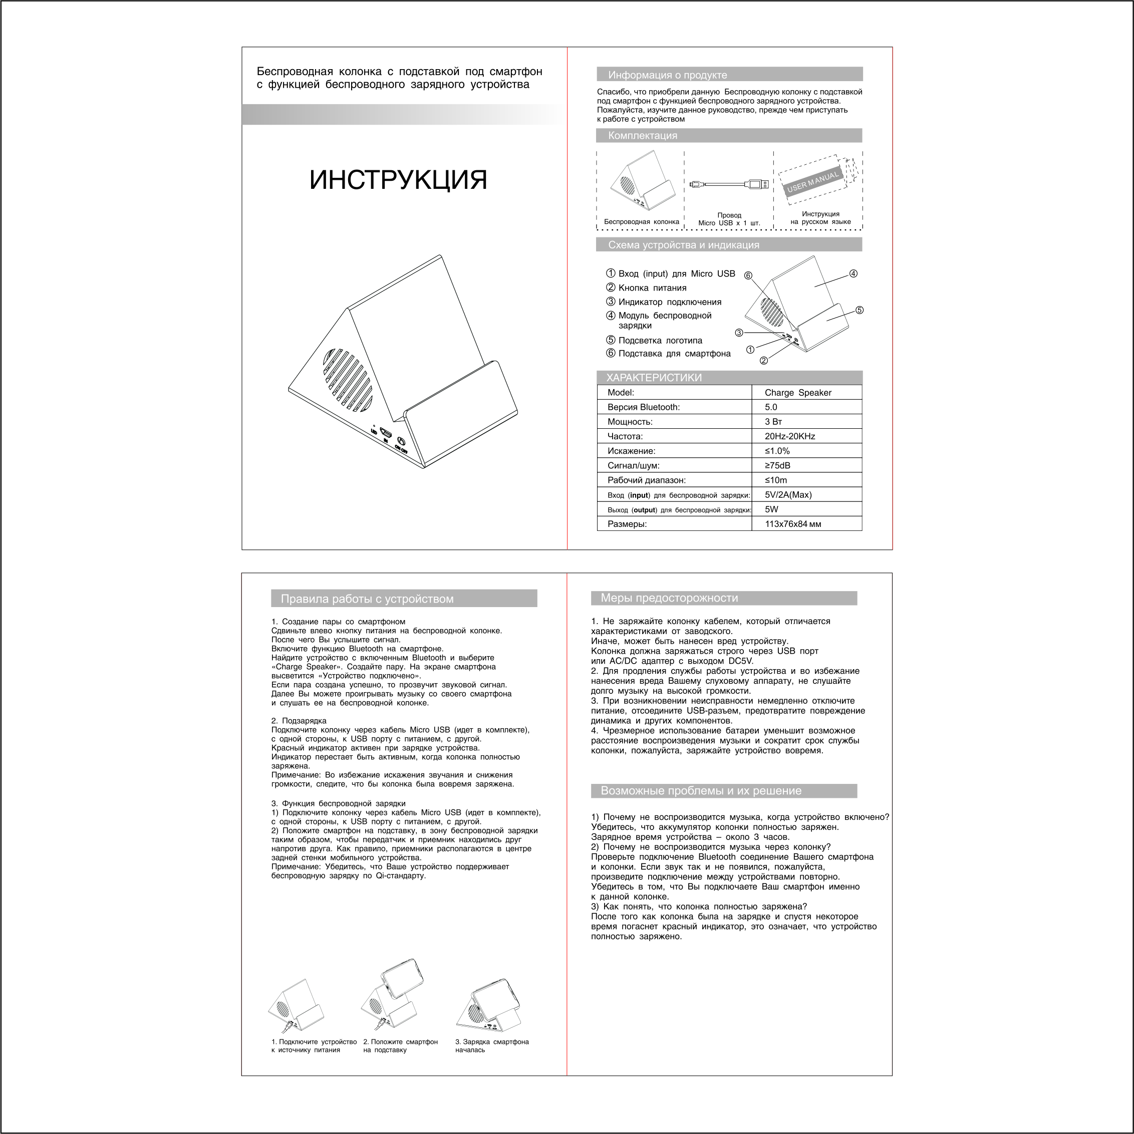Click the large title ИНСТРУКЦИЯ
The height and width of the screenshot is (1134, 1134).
(x=398, y=180)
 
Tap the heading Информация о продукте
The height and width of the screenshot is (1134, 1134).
(x=667, y=75)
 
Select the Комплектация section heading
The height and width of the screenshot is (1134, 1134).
(x=642, y=136)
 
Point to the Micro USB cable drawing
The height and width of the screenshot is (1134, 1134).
(x=728, y=184)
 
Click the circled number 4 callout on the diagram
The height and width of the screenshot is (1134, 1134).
(x=854, y=273)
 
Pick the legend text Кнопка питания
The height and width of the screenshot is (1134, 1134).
(x=652, y=288)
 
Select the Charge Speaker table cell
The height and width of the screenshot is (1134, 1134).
(x=798, y=393)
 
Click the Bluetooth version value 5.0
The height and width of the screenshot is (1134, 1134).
(x=771, y=407)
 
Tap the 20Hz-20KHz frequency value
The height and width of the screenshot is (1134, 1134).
(x=789, y=436)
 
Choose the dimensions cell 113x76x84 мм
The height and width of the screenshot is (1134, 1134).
(x=793, y=524)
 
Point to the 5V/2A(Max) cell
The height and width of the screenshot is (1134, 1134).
(x=788, y=495)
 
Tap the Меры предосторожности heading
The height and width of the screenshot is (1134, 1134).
(x=669, y=598)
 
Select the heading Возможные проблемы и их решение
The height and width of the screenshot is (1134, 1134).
(x=701, y=790)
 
